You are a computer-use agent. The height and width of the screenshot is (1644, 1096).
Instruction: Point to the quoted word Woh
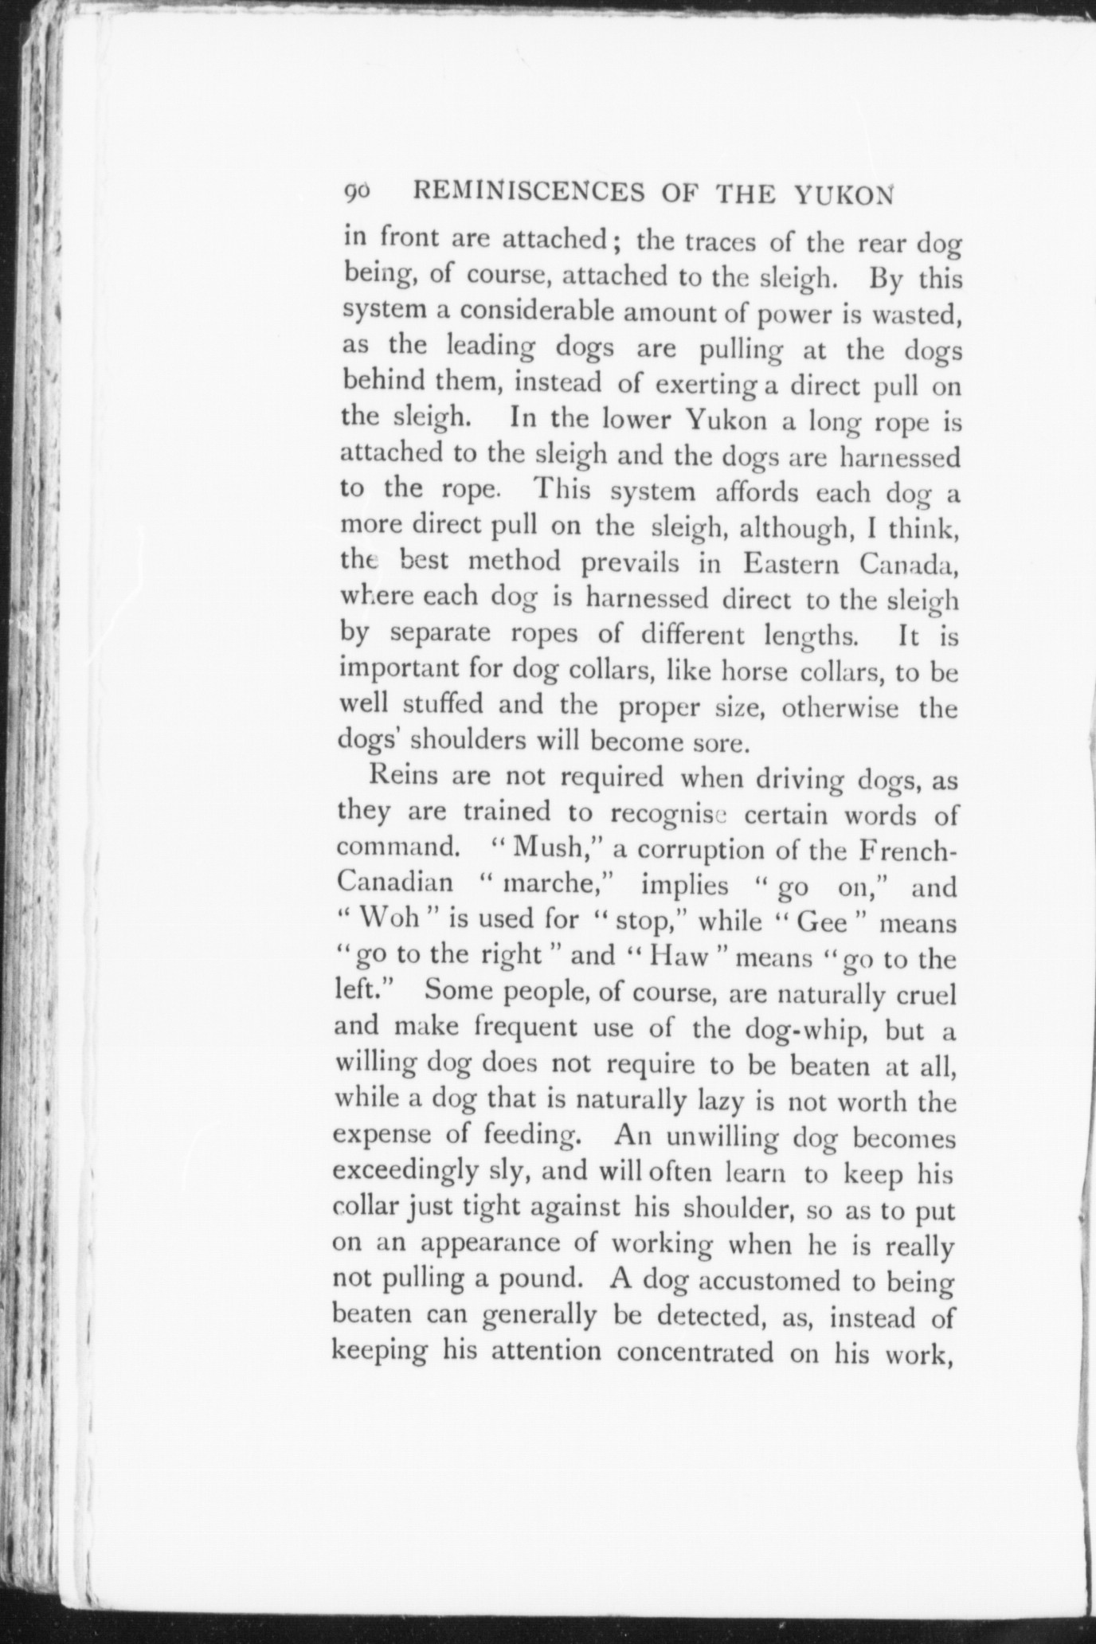[x=389, y=919]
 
